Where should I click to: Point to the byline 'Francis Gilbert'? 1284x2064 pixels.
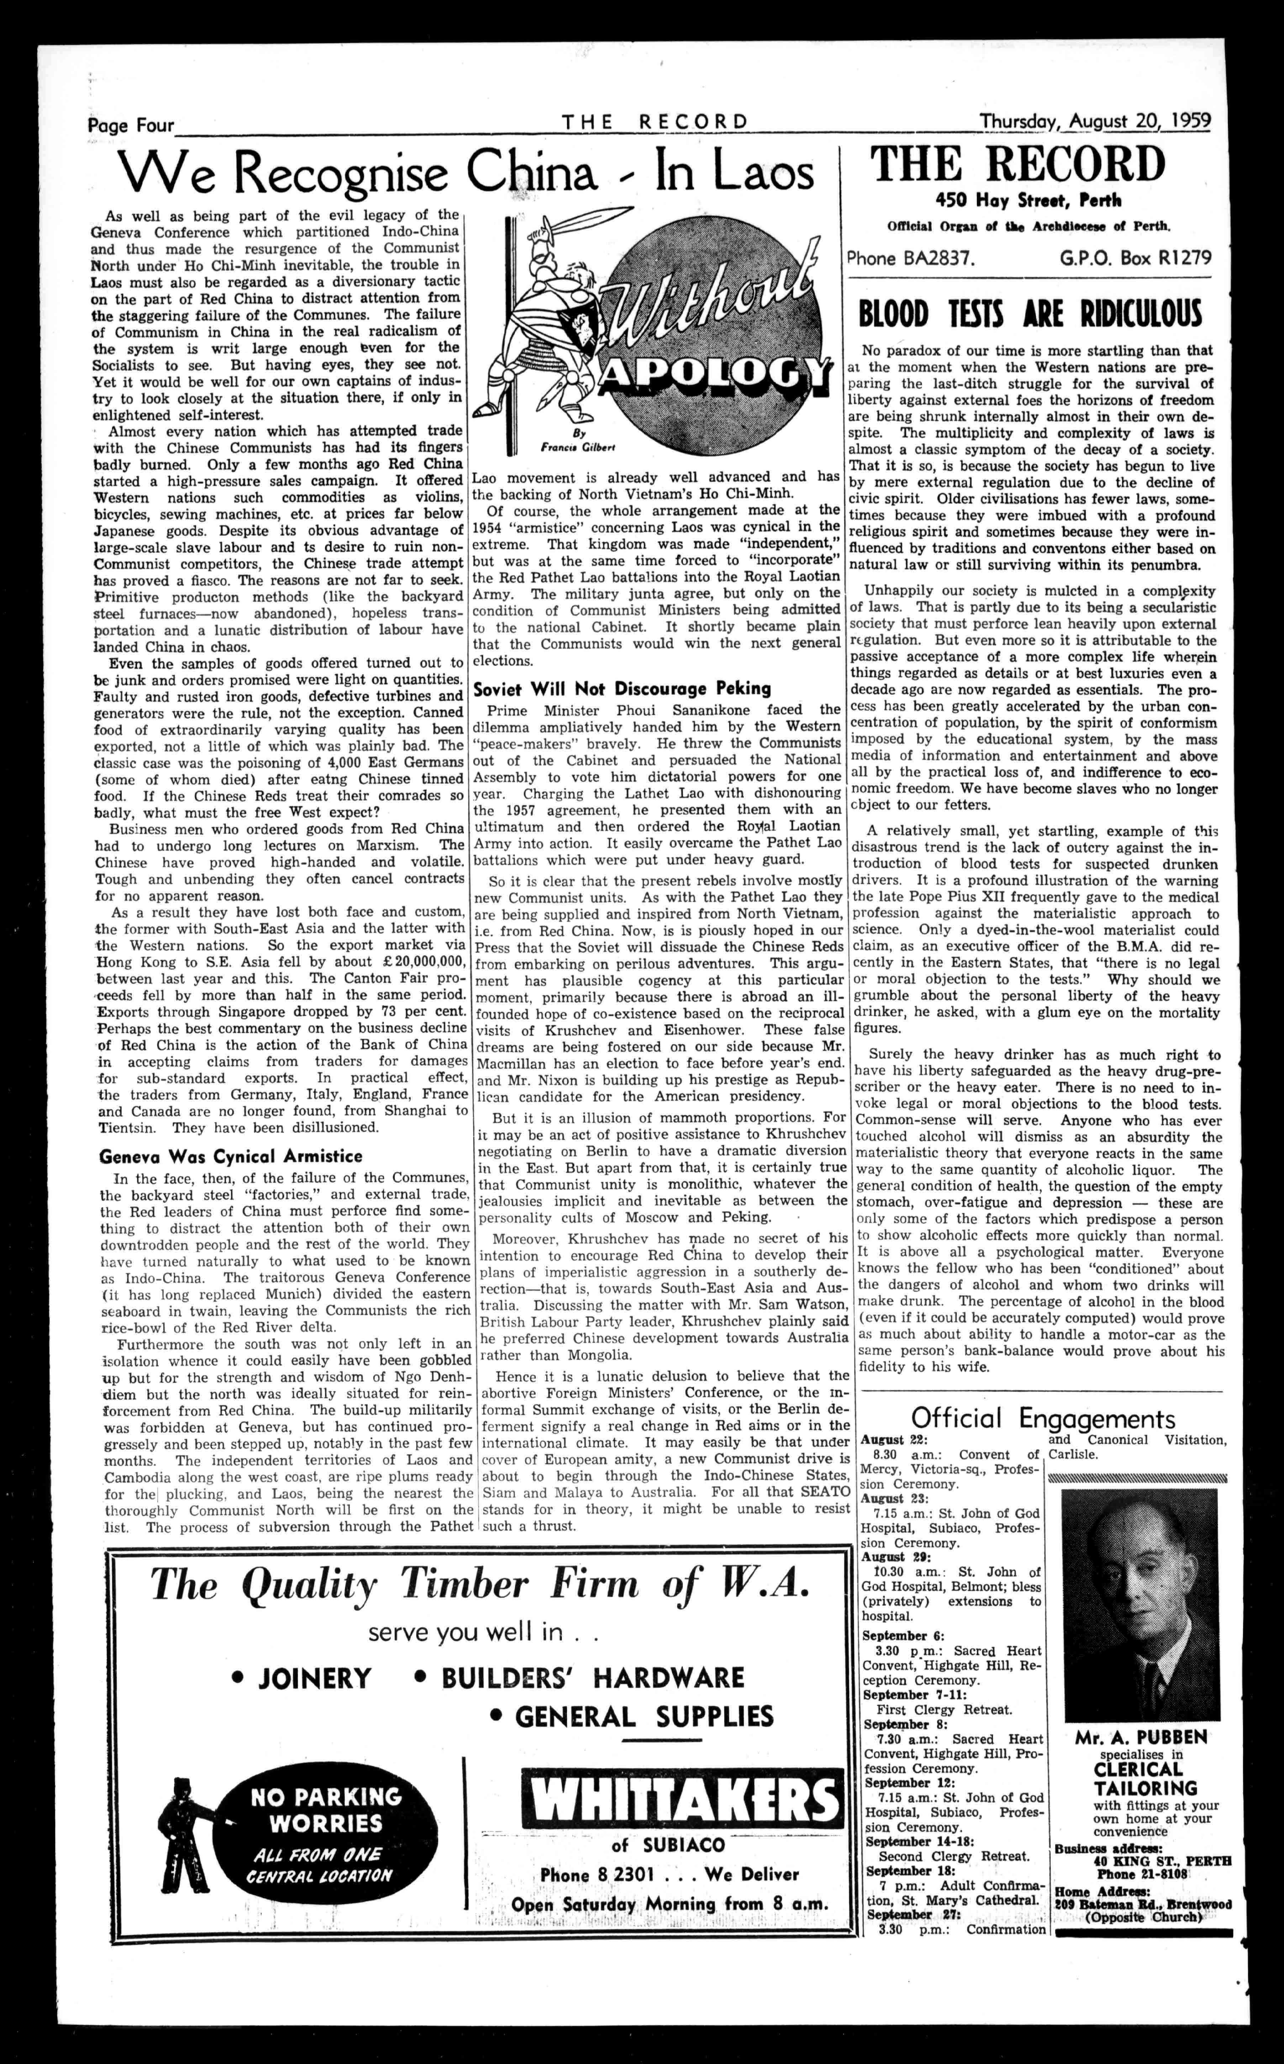click(565, 446)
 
